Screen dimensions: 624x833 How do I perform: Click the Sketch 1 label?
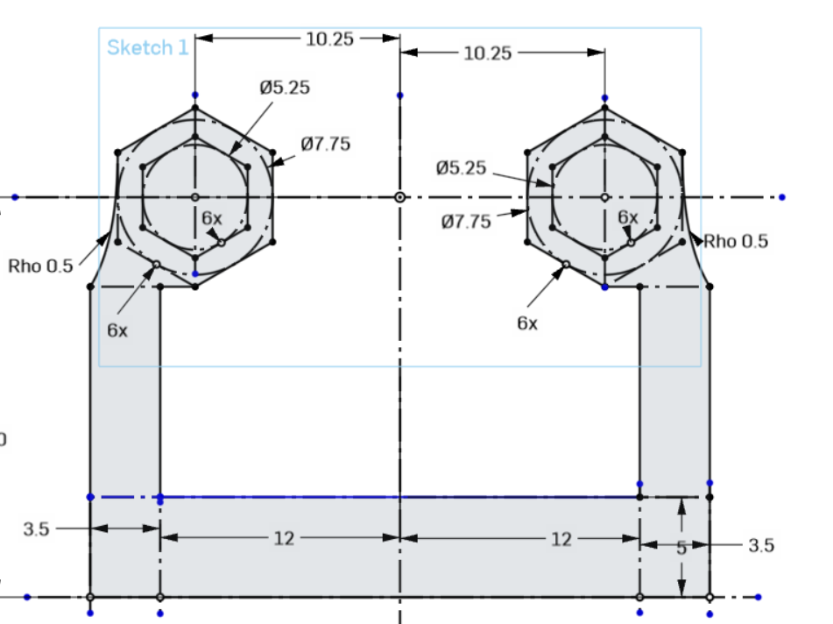click(x=147, y=47)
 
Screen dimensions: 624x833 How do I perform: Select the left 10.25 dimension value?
click(x=329, y=39)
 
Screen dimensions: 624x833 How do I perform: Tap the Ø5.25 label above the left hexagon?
click(x=285, y=88)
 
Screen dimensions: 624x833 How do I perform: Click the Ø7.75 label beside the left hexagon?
click(x=325, y=145)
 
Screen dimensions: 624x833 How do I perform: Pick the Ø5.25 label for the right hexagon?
click(x=460, y=168)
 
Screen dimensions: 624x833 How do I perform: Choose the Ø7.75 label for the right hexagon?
click(x=466, y=222)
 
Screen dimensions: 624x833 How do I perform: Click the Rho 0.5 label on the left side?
click(x=41, y=266)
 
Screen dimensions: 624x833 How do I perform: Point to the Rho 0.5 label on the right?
click(x=736, y=242)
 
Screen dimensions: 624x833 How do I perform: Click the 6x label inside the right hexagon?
click(x=628, y=216)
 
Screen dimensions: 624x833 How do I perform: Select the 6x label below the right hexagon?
click(x=526, y=323)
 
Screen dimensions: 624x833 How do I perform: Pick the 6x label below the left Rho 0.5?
click(x=117, y=330)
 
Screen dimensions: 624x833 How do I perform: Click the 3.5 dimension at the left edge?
click(x=36, y=528)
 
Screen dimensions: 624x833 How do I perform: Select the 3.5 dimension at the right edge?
click(x=760, y=545)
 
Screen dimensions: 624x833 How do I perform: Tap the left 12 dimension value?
click(x=284, y=538)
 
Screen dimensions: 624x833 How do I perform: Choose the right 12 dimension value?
click(x=561, y=539)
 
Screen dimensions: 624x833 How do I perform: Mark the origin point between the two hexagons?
click(x=399, y=197)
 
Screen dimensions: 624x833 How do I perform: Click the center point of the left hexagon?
click(x=194, y=197)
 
